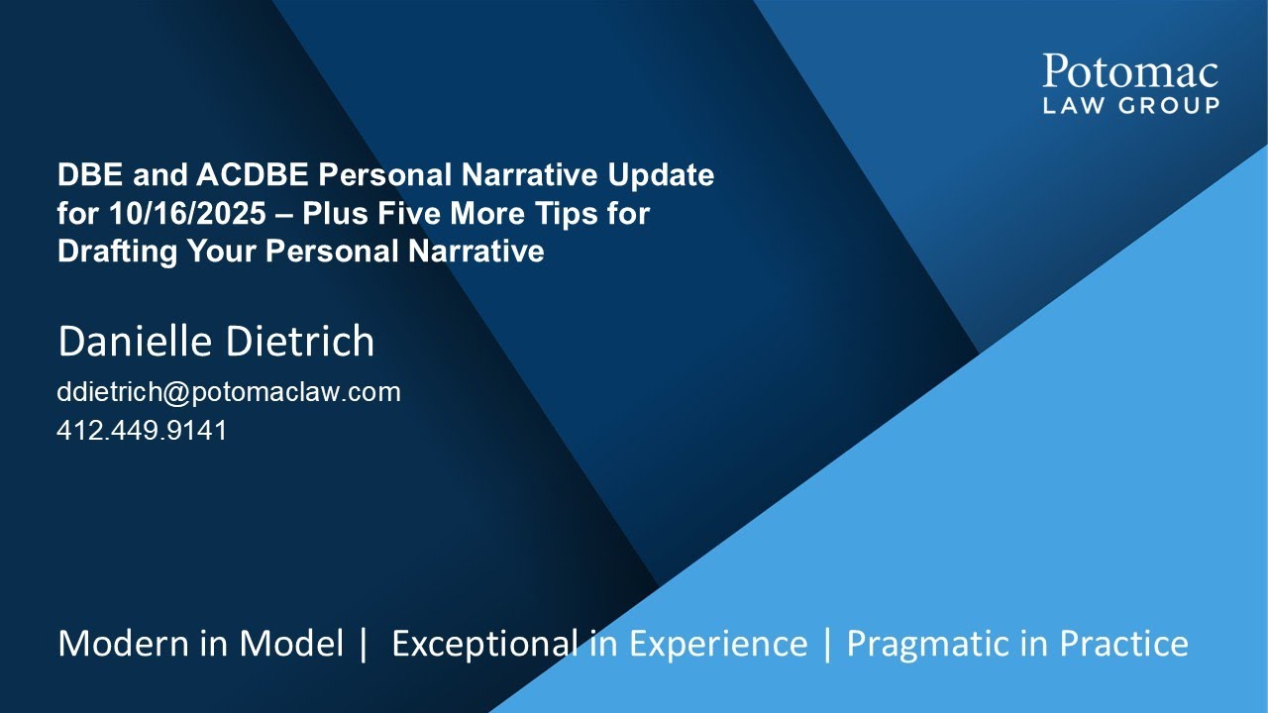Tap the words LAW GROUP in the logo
click(1130, 105)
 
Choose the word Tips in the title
click(577, 214)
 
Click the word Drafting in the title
click(110, 252)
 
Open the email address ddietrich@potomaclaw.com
click(229, 392)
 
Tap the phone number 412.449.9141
click(142, 431)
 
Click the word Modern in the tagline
click(120, 644)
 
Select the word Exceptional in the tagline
click(478, 644)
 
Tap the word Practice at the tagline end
click(1123, 644)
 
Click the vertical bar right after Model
click(364, 644)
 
